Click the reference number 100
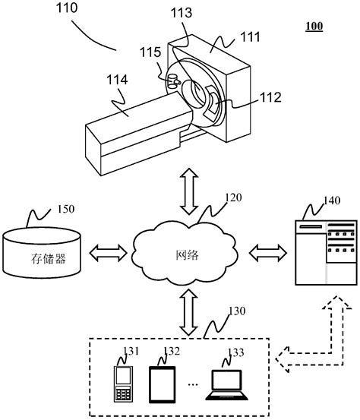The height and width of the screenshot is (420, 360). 313,27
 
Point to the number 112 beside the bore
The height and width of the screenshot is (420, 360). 270,96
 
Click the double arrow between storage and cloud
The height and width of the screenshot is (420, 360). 109,251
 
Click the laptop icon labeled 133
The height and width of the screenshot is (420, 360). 229,387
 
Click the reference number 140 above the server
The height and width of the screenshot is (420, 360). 331,201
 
